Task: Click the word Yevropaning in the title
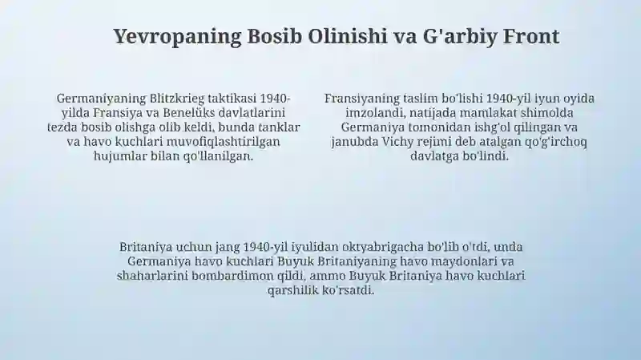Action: pos(177,37)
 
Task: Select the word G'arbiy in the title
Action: pos(460,37)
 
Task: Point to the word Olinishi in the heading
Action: pos(347,36)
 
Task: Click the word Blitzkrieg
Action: pos(177,99)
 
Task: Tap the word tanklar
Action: pos(279,127)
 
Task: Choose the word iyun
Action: pos(548,99)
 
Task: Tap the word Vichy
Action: pos(396,142)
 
